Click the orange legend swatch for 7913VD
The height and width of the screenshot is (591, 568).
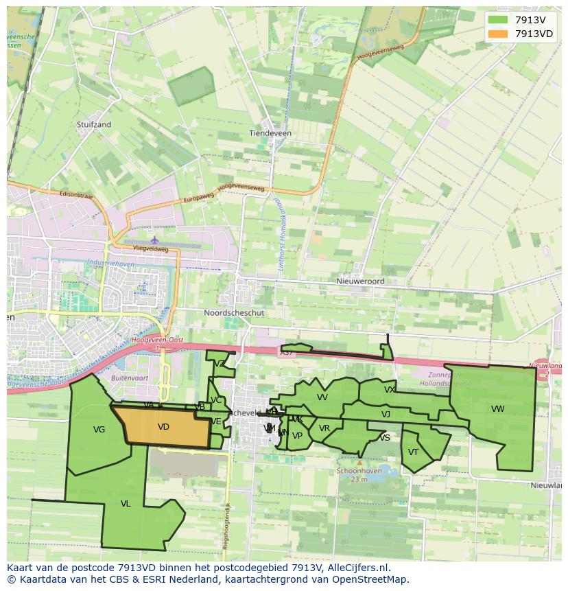point(499,34)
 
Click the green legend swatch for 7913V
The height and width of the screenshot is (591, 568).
point(499,20)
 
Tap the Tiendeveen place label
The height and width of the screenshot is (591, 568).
point(270,133)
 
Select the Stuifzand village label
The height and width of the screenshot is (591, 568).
point(94,125)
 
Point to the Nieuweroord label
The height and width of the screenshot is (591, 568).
point(360,281)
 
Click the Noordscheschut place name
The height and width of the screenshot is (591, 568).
point(234,312)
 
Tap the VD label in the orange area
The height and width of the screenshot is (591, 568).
point(163,427)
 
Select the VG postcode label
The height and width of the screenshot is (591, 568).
point(99,430)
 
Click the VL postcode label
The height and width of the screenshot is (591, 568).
point(126,504)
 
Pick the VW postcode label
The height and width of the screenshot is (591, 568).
point(497,409)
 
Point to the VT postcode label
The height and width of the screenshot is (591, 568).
point(413,452)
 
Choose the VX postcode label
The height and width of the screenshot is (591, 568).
point(390,390)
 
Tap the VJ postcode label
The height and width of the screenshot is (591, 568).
point(386,414)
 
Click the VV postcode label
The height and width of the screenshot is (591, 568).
point(322,397)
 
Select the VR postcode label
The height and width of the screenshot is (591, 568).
point(324,428)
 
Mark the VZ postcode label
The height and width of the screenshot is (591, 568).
point(220,364)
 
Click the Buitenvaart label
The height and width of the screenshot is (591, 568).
point(130,378)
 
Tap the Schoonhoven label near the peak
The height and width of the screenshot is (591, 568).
point(359,471)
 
